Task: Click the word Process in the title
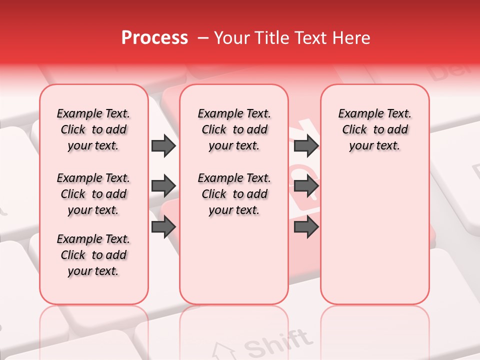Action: pyautogui.click(x=154, y=38)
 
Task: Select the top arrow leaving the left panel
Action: pyautogui.click(x=163, y=146)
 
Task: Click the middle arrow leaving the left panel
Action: pyautogui.click(x=163, y=186)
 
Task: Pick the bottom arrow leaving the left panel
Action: pyautogui.click(x=163, y=227)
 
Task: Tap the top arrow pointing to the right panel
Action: pyautogui.click(x=306, y=146)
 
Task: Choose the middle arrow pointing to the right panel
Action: pyautogui.click(x=306, y=186)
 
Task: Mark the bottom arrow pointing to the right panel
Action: pyautogui.click(x=306, y=227)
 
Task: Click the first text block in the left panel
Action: pyautogui.click(x=93, y=129)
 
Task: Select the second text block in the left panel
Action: pyautogui.click(x=93, y=194)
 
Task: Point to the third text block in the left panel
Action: pyautogui.click(x=93, y=255)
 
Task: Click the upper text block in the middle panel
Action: pyautogui.click(x=234, y=129)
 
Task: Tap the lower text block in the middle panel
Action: pyautogui.click(x=234, y=194)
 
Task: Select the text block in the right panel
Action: pyautogui.click(x=375, y=129)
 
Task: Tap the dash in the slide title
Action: pyautogui.click(x=203, y=38)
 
